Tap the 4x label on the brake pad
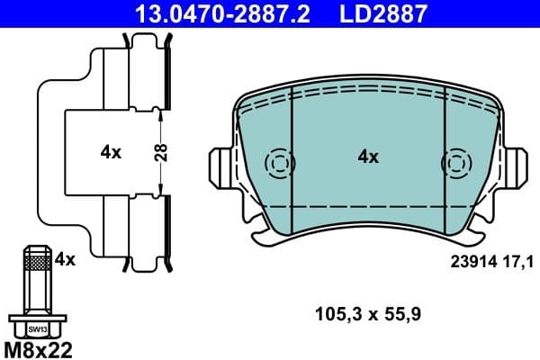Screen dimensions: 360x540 368,157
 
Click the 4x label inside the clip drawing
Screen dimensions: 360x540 111,152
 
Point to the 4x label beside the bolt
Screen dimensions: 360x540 65,259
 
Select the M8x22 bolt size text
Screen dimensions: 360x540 40,347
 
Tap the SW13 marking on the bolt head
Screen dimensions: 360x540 36,329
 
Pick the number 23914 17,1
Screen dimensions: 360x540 490,261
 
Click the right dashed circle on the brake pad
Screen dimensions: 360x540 455,164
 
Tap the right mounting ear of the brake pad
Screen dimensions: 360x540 515,166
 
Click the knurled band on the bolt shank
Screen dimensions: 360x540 36,263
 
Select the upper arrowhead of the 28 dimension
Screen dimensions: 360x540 160,112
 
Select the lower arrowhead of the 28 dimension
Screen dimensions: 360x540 160,190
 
